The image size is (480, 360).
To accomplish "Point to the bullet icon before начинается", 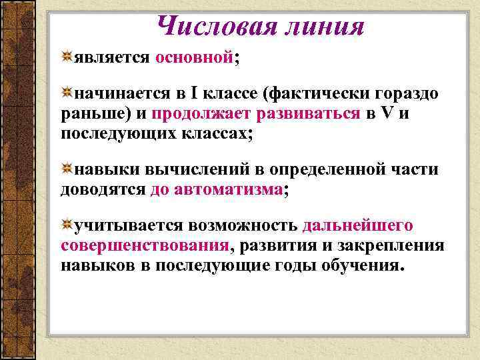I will (67, 93).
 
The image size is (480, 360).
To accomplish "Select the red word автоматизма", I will (228, 189).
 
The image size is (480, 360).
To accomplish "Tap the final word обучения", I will (361, 265).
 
